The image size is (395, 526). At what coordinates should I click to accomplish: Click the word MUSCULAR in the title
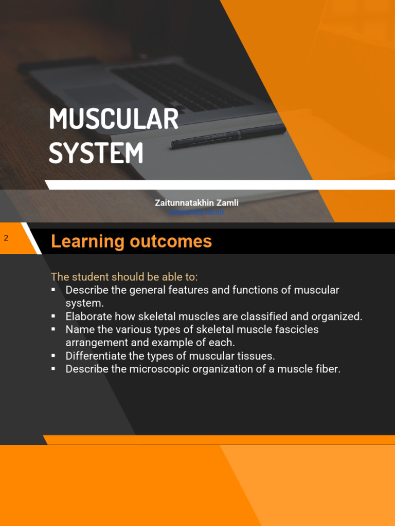coord(113,120)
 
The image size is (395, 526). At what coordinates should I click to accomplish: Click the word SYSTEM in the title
coord(96,153)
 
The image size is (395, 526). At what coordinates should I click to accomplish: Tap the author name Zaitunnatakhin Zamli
coord(196,203)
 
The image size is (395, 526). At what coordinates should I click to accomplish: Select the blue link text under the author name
coord(196,212)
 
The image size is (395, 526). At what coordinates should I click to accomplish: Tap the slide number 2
coord(6,238)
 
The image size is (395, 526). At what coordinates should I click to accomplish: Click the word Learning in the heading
coord(88,241)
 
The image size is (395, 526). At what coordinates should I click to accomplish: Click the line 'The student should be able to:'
coord(124,277)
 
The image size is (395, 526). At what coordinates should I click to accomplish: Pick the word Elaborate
coord(88,316)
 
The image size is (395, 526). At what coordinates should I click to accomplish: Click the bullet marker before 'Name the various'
coord(53,329)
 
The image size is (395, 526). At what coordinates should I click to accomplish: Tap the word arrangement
coord(95,343)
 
